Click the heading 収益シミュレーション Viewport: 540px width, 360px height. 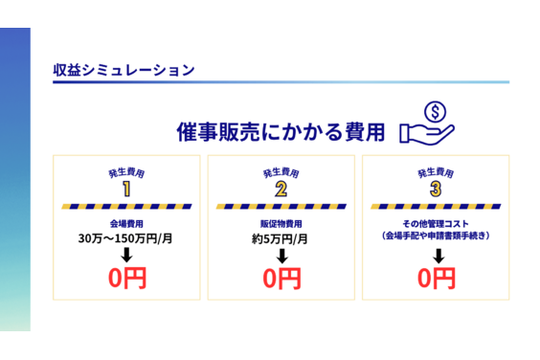pos(124,70)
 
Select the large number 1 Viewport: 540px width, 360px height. pos(126,189)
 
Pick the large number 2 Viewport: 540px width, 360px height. pos(281,189)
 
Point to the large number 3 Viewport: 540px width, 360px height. pos(436,189)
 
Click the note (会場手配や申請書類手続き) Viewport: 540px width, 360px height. pos(436,235)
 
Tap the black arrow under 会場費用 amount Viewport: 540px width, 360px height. pos(126,256)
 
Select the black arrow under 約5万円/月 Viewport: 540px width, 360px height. pos(281,256)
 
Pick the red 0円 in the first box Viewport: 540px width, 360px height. pos(126,280)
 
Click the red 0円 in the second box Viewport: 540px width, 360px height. pos(281,280)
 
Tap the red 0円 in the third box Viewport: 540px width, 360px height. pos(437,280)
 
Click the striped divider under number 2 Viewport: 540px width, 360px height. pos(281,206)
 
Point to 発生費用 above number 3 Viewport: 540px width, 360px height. pos(436,172)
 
